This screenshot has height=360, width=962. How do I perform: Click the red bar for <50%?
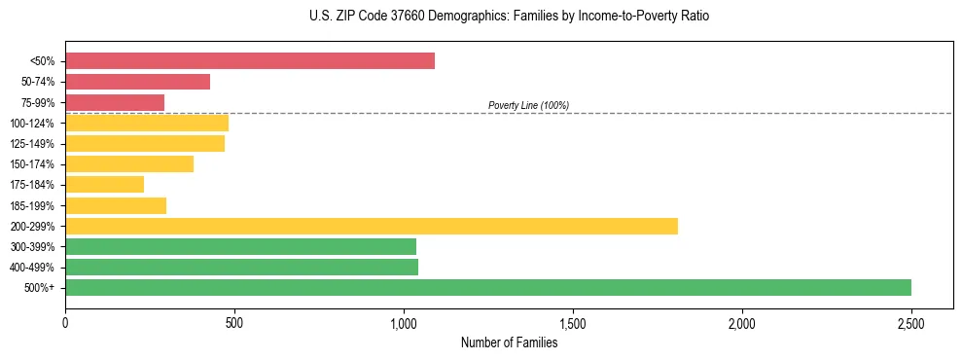pos(250,61)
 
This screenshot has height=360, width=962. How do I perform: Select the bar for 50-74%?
pos(137,82)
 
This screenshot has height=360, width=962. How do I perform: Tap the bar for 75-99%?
pos(115,102)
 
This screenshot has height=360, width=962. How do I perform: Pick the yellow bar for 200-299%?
pos(372,226)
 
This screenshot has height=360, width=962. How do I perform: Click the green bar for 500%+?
pos(488,287)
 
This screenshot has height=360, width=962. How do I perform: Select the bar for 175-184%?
pos(104,185)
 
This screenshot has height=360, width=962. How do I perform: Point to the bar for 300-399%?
pos(240,246)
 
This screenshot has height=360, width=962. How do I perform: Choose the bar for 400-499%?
pos(241,267)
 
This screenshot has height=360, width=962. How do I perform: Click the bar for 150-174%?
pos(129,163)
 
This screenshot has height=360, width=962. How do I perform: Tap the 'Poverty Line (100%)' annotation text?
pos(528,105)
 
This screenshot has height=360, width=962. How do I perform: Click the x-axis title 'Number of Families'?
pos(509,342)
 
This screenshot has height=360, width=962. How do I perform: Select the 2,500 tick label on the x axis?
pos(911,323)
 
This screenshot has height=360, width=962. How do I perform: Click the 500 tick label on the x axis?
pos(234,323)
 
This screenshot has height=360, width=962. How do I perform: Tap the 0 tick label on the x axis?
pos(65,323)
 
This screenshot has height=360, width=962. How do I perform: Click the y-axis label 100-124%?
pos(32,124)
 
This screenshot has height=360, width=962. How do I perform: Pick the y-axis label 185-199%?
pos(32,205)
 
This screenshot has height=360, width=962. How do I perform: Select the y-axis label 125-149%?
pos(32,144)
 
